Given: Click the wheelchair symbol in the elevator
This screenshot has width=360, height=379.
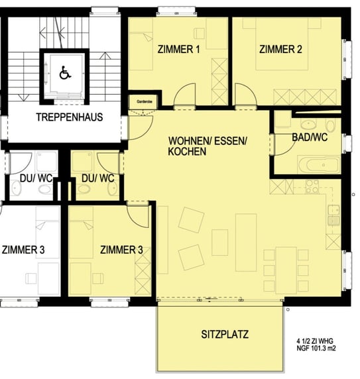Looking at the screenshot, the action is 65,73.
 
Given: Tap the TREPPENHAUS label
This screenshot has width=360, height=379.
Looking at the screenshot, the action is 70,117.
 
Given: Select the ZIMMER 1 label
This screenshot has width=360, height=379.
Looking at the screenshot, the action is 179,49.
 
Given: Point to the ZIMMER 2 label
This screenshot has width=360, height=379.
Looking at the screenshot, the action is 280,49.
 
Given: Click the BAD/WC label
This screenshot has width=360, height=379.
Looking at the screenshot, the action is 310,137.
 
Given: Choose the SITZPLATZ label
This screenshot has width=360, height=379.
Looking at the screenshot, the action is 225,335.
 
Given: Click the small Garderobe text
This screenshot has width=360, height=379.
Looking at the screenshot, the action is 145,101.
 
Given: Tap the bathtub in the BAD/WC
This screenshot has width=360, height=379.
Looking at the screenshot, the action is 319,165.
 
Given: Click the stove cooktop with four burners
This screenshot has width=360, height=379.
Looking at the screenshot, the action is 312,187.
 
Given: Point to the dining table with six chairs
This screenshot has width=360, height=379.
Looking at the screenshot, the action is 286,270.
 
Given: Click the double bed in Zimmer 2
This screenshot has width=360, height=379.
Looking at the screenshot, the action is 282,44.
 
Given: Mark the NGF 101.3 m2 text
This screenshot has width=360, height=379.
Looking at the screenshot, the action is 316,349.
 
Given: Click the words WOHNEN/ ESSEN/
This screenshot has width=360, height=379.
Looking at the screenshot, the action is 208,141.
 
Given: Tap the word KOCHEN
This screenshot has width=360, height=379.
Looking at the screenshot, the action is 188,152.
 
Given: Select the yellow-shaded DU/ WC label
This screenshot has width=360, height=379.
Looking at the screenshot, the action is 98,178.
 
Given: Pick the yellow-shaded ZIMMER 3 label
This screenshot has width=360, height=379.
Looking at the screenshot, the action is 121,250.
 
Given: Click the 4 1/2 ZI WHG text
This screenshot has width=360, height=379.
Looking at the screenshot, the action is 315,341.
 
